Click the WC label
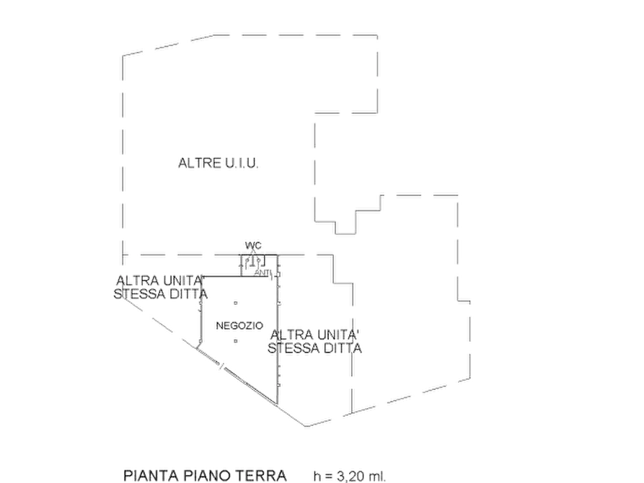[x=253, y=246]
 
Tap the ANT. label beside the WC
[x=263, y=272]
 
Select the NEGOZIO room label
[x=239, y=326]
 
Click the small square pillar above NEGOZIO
[x=235, y=303]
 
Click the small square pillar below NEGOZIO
[x=235, y=341]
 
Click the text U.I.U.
[x=242, y=163]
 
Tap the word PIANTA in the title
[x=151, y=476]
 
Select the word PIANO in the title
[x=208, y=476]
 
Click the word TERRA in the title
[x=261, y=476]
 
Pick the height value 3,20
[x=350, y=477]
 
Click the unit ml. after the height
[x=377, y=477]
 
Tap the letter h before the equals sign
[x=317, y=476]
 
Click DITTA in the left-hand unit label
[x=188, y=294]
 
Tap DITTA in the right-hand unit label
[x=342, y=348]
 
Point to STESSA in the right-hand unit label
[x=293, y=348]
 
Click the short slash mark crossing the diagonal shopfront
[x=222, y=365]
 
